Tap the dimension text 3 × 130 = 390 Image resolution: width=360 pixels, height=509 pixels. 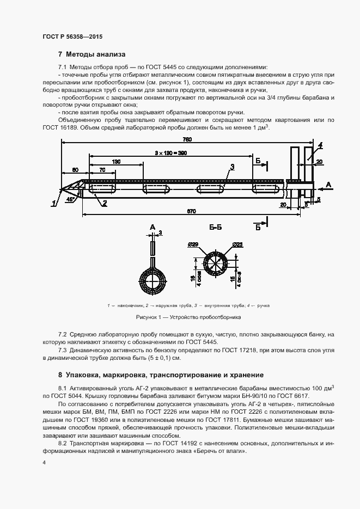pyautogui.click(x=170, y=154)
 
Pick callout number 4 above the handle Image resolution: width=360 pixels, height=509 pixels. pyautogui.click(x=320, y=145)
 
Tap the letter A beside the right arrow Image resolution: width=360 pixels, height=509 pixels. pyautogui.click(x=328, y=186)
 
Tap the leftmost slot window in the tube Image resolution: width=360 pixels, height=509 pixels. pyautogui.click(x=101, y=190)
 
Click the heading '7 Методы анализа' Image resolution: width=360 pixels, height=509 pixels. pyautogui.click(x=91, y=54)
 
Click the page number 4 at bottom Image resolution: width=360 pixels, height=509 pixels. pyautogui.click(x=44, y=463)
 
